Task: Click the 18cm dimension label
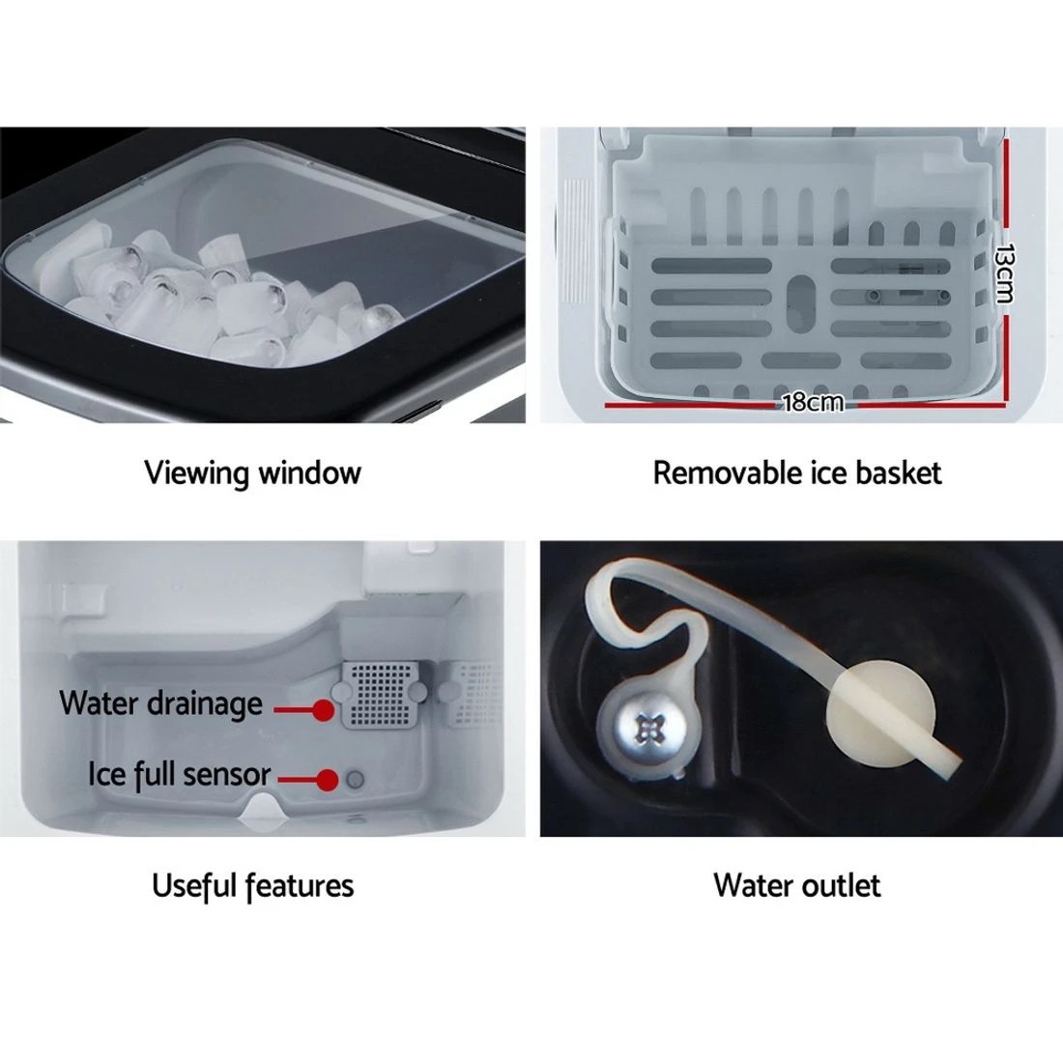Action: (813, 401)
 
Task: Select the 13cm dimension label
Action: (1006, 273)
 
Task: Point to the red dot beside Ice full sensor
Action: (329, 779)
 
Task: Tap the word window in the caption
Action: (311, 473)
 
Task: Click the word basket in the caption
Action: (896, 473)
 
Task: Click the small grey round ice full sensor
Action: (355, 779)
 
